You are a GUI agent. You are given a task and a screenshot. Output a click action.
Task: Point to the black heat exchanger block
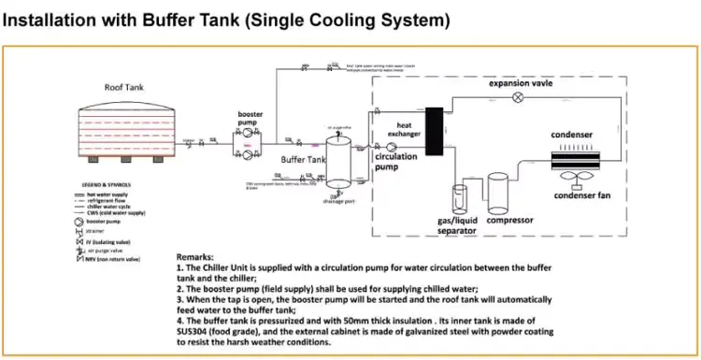[434, 132]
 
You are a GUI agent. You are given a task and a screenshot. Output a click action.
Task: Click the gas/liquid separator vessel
[460, 203]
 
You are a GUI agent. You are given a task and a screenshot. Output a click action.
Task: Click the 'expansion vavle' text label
[527, 84]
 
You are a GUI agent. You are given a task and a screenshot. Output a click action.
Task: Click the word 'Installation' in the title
[57, 19]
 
